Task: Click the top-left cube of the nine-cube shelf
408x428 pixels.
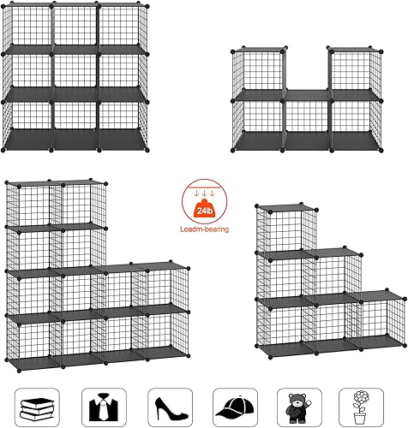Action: [29, 27]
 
